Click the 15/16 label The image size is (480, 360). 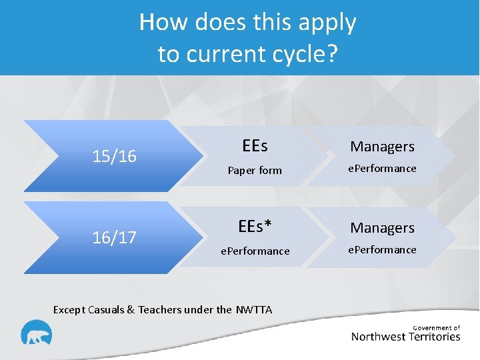click(x=115, y=156)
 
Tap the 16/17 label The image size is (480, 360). click(x=115, y=237)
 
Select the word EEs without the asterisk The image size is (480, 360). click(x=255, y=145)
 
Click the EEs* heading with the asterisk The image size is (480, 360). click(x=255, y=227)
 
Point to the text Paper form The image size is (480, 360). click(x=255, y=170)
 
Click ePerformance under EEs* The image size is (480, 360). click(x=255, y=251)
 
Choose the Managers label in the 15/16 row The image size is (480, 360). click(x=383, y=146)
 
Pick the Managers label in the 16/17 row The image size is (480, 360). click(x=383, y=227)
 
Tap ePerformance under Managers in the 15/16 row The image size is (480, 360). click(x=383, y=169)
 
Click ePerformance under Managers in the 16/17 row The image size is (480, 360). click(x=383, y=250)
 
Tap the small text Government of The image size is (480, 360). click(x=437, y=327)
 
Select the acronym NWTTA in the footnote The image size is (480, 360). click(x=254, y=309)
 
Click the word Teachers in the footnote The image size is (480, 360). click(x=161, y=309)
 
